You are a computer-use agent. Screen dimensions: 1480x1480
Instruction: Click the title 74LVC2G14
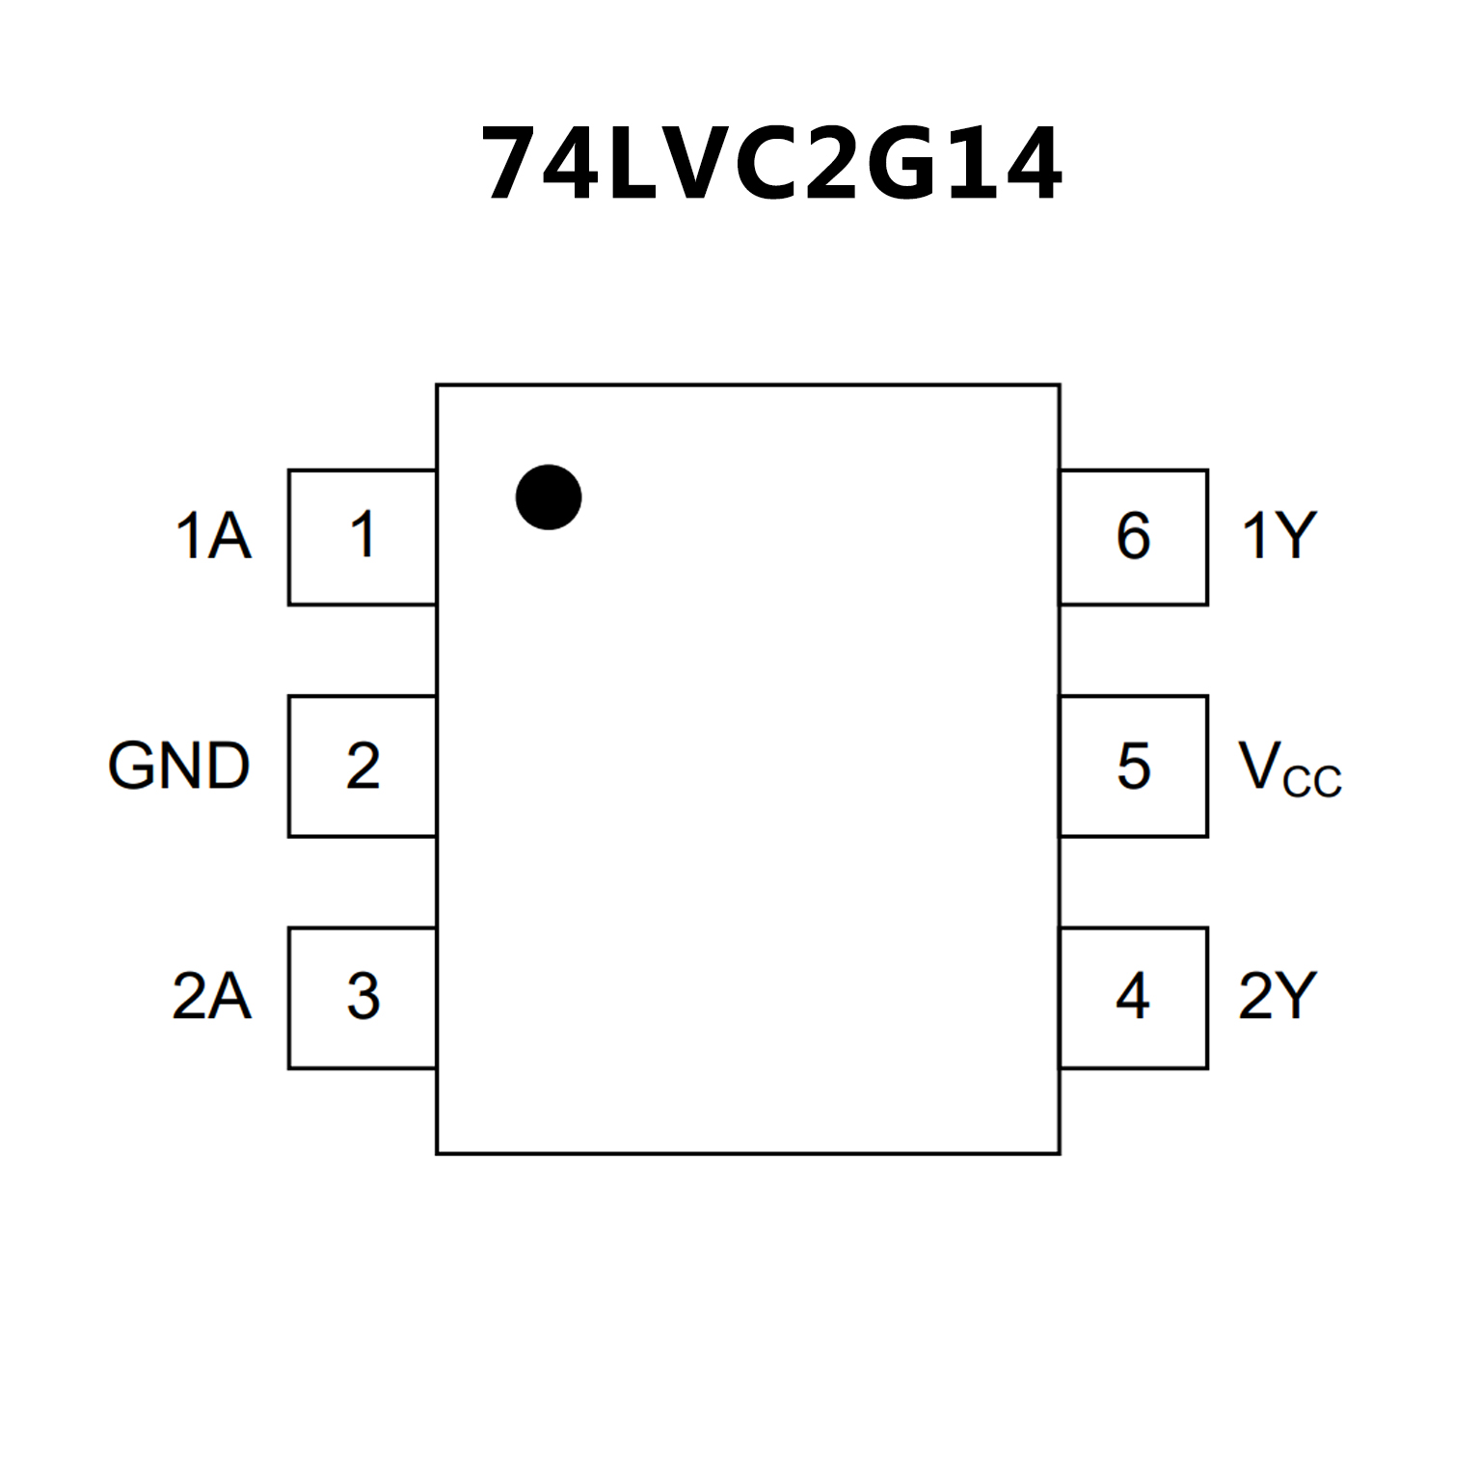pos(771,164)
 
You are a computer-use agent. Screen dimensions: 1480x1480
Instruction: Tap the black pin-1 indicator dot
pos(549,498)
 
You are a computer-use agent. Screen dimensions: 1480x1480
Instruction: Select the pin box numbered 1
pos(362,537)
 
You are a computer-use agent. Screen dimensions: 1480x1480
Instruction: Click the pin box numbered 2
pos(362,766)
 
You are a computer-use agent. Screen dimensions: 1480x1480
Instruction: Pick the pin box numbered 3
pos(362,997)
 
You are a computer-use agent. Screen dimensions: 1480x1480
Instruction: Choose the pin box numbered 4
pos(1134,997)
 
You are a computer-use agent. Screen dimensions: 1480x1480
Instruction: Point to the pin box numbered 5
pos(1134,766)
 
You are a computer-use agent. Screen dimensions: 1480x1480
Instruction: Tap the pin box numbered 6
pos(1134,537)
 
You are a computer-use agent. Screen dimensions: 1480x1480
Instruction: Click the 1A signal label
pos(213,536)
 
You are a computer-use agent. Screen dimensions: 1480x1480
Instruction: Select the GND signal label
pos(179,767)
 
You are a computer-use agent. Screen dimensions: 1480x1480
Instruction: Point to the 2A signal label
pos(212,996)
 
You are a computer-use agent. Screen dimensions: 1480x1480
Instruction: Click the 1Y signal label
pos(1278,536)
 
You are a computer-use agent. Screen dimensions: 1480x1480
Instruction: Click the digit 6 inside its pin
pos(1134,536)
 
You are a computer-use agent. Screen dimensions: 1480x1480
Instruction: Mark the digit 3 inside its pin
pos(363,997)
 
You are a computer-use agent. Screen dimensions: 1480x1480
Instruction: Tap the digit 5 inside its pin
pos(1134,767)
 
